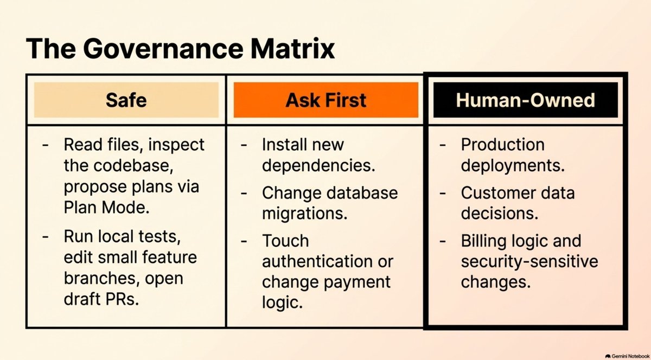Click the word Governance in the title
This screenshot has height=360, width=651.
(163, 48)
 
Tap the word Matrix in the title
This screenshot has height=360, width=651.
(292, 48)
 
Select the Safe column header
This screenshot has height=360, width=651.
(126, 100)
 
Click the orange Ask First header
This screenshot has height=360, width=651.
(326, 100)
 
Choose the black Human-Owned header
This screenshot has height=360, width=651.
(526, 100)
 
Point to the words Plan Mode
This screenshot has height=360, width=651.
(106, 208)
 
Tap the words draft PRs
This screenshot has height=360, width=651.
(101, 299)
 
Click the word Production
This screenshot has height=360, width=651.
(503, 144)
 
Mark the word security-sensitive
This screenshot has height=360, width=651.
(529, 261)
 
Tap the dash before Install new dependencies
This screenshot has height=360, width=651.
(244, 145)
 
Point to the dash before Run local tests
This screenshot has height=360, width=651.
(45, 236)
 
